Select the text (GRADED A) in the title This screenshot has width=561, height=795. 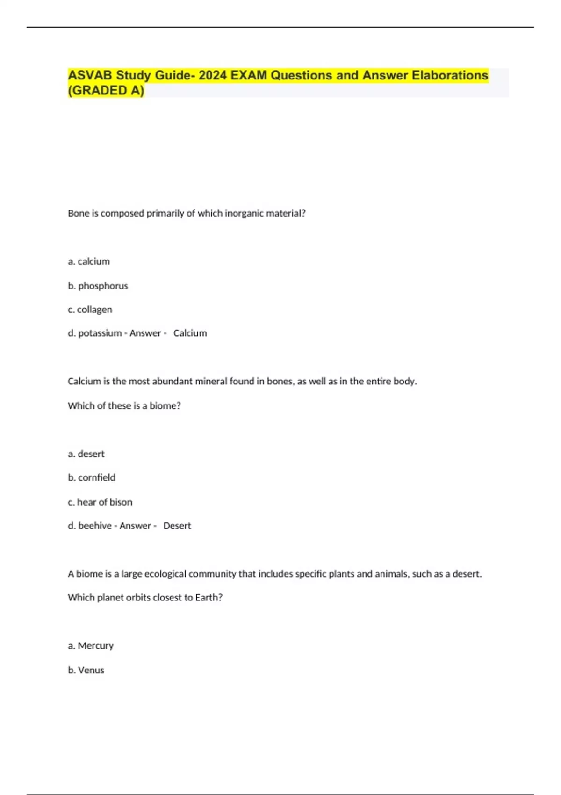coord(106,90)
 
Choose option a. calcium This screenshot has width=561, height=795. coord(89,261)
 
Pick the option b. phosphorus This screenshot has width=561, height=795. coord(98,286)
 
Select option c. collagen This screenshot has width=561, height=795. coord(90,310)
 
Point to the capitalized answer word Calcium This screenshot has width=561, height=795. coord(190,333)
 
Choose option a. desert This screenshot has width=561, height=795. coord(86,454)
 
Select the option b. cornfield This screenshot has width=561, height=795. coord(92,477)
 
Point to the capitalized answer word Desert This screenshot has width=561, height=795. coord(177,526)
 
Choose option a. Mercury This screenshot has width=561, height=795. coord(91,646)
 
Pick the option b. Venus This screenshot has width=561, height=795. coord(86,670)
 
